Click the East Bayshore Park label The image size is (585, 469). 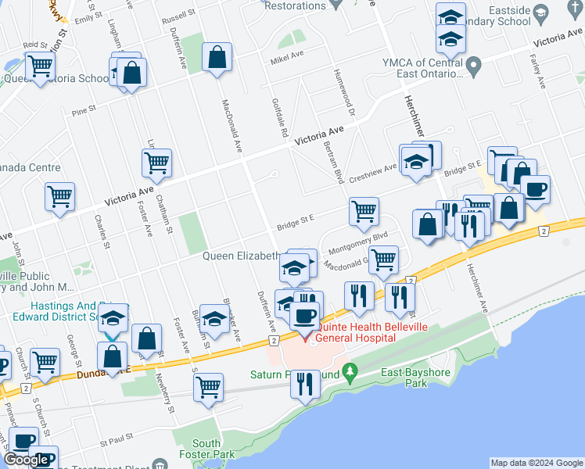(x=415, y=378)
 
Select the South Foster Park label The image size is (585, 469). (x=211, y=449)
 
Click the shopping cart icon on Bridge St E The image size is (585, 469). (x=364, y=210)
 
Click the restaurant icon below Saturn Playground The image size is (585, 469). (x=306, y=383)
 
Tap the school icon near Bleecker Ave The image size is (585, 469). (x=214, y=318)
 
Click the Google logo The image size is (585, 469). (x=27, y=460)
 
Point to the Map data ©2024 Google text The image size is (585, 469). (x=536, y=463)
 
